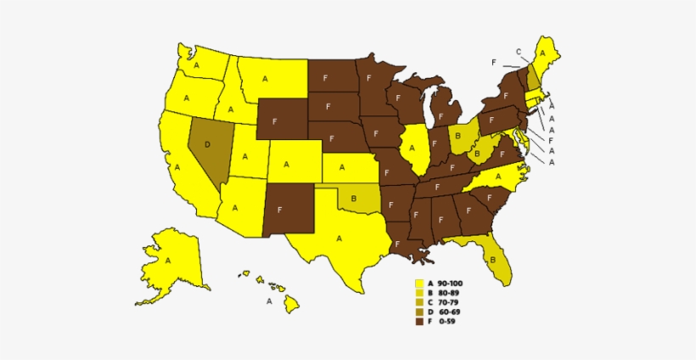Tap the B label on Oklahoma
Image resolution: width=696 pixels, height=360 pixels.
pos(353,199)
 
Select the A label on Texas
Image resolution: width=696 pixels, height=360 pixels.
pos(339,239)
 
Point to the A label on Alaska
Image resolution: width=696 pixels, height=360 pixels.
pos(168,260)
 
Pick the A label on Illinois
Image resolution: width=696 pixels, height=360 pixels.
pos(413,146)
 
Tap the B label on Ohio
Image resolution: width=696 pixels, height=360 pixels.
pos(457,135)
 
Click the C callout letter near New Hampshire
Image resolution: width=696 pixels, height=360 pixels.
pos(518,52)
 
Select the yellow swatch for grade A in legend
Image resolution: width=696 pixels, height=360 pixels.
pos(418,283)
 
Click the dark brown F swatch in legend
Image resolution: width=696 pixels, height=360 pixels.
pos(418,321)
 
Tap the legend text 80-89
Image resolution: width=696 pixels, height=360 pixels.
pos(450,292)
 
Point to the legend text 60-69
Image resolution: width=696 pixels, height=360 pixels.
pos(450,312)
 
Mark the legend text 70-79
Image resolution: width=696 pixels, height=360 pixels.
pos(450,301)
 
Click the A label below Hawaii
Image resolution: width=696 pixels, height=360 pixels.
pos(269,300)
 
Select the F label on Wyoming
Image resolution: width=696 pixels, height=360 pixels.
pos(274,121)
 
